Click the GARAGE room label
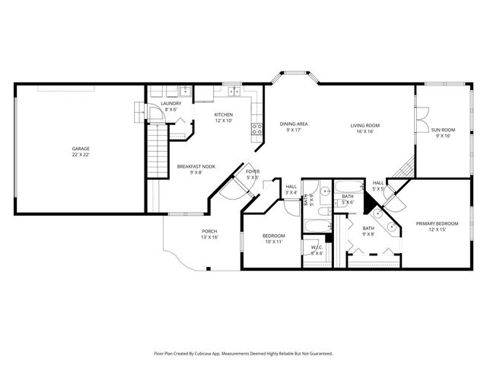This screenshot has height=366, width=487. (81, 148)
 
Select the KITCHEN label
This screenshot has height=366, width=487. (223, 115)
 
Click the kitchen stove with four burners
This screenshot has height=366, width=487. (257, 128)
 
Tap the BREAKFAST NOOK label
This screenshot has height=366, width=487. (196, 166)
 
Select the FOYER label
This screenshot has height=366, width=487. (253, 172)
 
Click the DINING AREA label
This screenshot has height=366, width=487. (293, 124)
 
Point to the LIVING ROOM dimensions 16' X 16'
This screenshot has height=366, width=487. (364, 131)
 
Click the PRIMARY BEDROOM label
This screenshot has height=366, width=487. (437, 223)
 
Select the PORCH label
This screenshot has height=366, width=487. (209, 232)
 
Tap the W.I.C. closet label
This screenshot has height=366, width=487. (317, 248)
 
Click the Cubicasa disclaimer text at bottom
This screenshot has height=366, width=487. (243, 353)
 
